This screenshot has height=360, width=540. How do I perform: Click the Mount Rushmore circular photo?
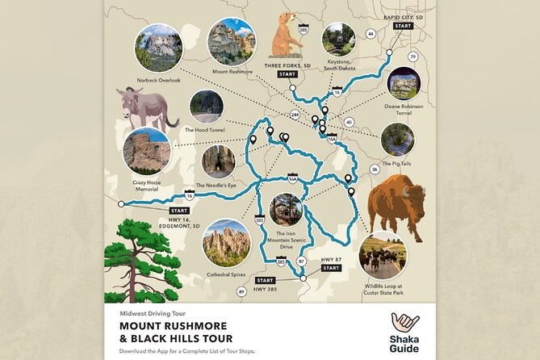pos(231,42)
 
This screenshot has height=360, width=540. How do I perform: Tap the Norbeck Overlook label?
pos(159,81)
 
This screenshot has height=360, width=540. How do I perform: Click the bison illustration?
pos(396,207)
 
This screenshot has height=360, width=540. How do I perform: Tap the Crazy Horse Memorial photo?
pos(147,151)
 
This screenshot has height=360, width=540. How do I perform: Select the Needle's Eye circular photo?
pos(219,161)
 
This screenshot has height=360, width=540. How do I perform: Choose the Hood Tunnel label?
pos(203,129)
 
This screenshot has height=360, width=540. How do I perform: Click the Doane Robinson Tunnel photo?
pos(404,84)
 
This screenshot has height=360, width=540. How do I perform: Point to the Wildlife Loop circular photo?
pos(383,255)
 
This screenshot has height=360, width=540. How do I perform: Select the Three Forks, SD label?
pos(288,65)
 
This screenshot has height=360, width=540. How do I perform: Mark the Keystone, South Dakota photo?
pos(338,39)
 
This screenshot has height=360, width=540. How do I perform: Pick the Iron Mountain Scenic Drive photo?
pos(286,210)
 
